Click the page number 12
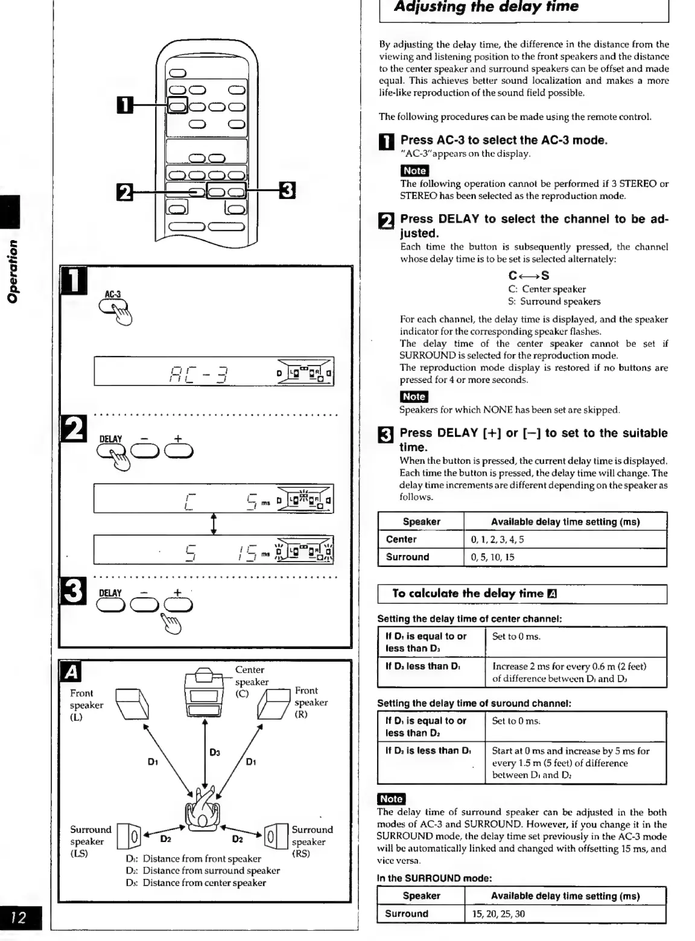19,917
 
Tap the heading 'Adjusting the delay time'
486,7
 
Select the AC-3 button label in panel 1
113,295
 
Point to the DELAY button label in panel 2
110,439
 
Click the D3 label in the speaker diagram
215,752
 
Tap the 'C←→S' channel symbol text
528,276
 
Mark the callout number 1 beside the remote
124,105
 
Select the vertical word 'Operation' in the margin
13,271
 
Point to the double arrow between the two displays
213,524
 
